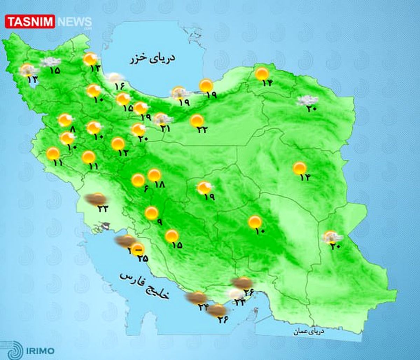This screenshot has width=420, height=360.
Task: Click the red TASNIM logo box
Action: [30, 22]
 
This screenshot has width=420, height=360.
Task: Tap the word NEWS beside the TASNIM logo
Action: [74, 22]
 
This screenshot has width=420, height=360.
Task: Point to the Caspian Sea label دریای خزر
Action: [153, 59]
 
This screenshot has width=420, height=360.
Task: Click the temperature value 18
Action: [159, 185]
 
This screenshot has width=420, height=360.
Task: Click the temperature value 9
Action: [160, 222]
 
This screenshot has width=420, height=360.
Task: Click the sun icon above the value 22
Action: [197, 120]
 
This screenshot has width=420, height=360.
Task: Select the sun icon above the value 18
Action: [154, 175]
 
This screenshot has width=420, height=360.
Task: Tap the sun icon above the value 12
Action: [118, 143]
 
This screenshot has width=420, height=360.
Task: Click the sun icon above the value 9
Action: [152, 213]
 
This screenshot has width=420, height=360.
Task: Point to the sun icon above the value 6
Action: [138, 180]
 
